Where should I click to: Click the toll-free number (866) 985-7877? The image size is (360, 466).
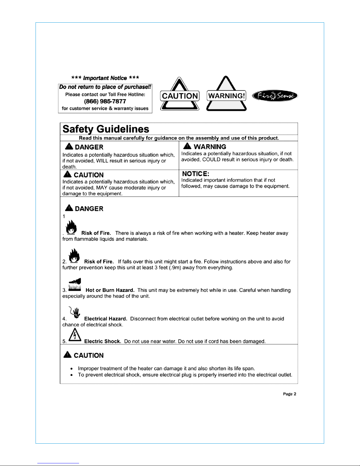pos(105,101)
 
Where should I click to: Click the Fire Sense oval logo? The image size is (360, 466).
pos(275,96)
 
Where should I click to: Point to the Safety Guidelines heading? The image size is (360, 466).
pos(106,129)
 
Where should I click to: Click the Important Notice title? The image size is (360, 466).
pos(105,78)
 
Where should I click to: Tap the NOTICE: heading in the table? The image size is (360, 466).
pos(195,174)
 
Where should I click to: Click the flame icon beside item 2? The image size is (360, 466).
pos(74,255)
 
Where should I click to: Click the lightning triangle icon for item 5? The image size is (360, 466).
pos(75,335)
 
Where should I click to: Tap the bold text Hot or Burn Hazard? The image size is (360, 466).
pos(110,290)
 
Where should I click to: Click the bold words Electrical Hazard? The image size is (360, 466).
pos(106,319)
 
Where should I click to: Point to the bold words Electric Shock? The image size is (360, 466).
pos(103,341)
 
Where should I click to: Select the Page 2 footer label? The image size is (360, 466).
pos(289,394)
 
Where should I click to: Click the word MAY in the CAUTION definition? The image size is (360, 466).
pos(102,188)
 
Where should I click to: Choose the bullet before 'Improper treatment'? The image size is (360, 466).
pos(71,368)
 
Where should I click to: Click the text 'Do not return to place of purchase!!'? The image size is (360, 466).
pos(105,87)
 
